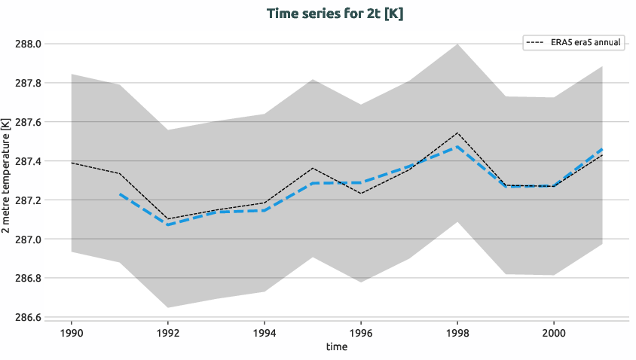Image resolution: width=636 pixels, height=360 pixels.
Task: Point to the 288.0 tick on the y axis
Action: point(28,44)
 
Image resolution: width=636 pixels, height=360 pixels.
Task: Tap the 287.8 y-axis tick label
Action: point(28,83)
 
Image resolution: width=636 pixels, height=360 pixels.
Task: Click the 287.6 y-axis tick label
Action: point(28,122)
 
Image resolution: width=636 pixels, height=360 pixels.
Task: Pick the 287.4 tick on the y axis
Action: point(28,161)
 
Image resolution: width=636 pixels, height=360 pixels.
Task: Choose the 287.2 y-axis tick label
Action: point(28,200)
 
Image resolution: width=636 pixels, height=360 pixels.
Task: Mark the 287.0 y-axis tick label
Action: point(28,239)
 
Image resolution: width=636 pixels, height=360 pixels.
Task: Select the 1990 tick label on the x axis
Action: point(72,332)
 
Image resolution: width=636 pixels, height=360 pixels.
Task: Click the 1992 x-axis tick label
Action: point(168,332)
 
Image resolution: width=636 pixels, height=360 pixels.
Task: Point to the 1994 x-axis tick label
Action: point(264,332)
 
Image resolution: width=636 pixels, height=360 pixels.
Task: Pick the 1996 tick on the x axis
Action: point(361,332)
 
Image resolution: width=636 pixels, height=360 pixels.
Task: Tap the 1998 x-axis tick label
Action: point(457,332)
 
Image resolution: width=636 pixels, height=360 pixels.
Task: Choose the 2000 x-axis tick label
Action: point(554,332)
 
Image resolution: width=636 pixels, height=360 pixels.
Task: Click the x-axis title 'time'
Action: point(336,347)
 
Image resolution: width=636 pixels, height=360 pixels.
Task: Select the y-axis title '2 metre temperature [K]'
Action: point(7,181)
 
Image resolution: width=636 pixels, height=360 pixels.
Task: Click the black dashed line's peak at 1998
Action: point(457,133)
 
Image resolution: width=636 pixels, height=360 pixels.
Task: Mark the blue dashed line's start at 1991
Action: point(120,194)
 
